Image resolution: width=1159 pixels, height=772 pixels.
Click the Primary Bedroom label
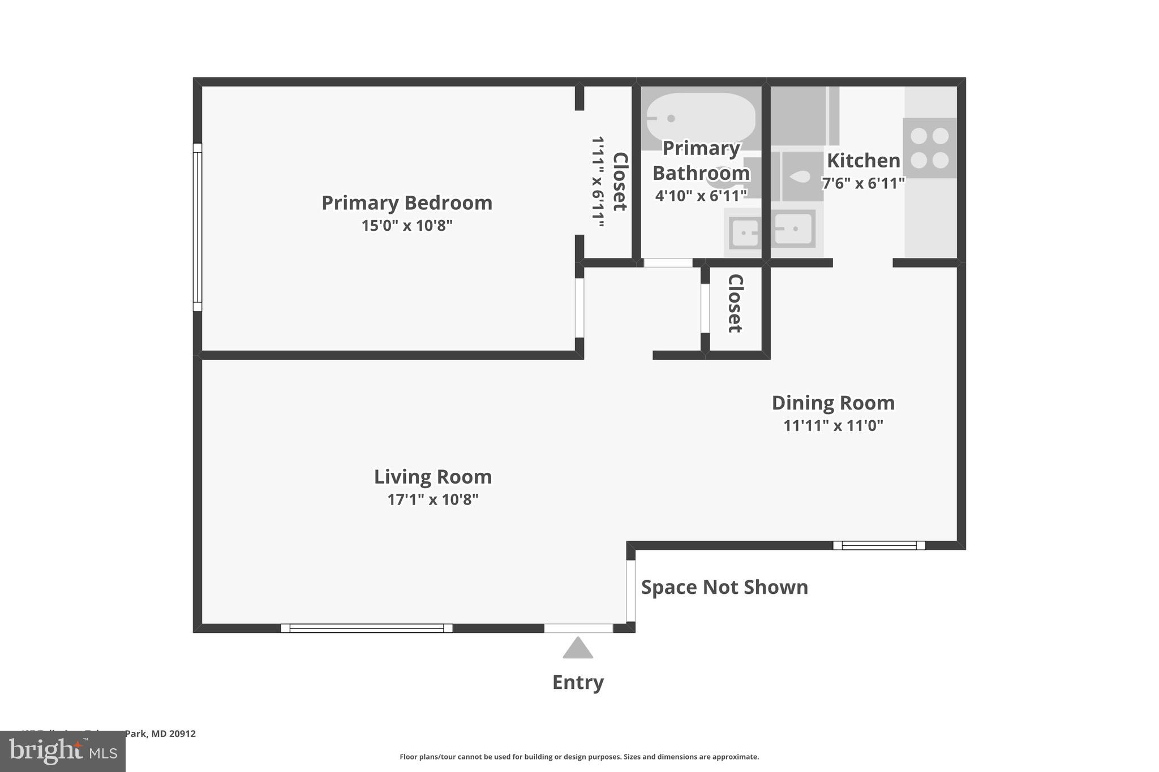click(x=407, y=203)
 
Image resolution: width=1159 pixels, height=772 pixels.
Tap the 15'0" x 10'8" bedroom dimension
click(x=407, y=226)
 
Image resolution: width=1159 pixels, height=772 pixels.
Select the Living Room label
click(x=433, y=477)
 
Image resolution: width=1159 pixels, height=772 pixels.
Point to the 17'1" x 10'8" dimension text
click(x=433, y=499)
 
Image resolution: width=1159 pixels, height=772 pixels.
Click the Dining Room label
click(x=833, y=403)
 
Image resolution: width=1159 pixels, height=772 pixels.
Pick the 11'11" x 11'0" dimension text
click(x=833, y=425)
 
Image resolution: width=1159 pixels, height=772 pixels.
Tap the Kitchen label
click(x=863, y=161)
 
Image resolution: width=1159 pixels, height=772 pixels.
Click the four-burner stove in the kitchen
click(x=929, y=148)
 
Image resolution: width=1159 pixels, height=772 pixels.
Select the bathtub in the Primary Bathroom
click(x=701, y=118)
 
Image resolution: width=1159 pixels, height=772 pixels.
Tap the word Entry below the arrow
click(x=578, y=682)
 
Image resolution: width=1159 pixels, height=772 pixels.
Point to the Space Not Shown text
click(x=724, y=587)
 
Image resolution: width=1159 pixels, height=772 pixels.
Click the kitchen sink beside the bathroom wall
click(x=794, y=229)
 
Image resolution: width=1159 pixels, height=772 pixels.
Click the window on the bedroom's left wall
click(x=198, y=227)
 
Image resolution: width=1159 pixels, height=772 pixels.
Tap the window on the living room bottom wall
click(x=367, y=628)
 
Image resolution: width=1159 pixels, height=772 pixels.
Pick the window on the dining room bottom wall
click(x=879, y=545)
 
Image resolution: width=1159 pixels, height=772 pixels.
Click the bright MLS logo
click(x=63, y=751)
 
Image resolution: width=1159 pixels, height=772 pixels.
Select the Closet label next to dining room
click(x=735, y=304)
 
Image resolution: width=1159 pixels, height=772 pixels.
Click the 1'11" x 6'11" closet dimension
click(x=598, y=182)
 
